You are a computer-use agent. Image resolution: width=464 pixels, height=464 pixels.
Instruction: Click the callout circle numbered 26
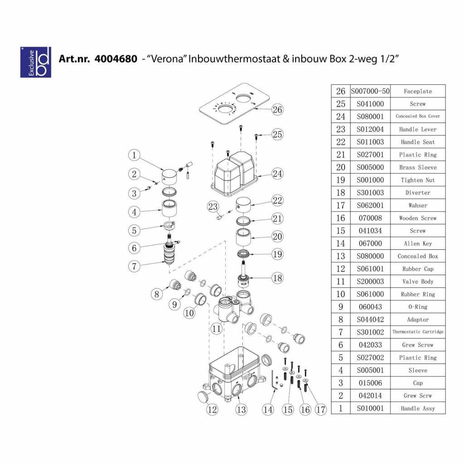point(277,110)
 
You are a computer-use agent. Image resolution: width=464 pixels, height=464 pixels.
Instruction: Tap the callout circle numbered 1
point(134,155)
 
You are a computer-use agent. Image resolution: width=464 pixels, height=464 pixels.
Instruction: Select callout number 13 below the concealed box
point(241,410)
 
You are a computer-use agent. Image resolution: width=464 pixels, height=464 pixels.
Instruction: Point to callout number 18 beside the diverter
point(277,278)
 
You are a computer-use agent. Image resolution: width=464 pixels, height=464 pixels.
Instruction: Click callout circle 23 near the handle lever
point(213,207)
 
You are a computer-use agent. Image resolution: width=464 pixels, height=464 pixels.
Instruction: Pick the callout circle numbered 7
point(134,266)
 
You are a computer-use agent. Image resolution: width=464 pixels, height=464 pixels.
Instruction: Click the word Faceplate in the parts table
point(418,91)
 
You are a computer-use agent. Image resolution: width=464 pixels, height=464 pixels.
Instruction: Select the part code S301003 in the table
point(370,193)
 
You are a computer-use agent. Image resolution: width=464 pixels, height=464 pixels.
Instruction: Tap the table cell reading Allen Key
point(418,243)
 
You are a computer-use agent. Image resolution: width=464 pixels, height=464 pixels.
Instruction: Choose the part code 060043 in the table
point(370,307)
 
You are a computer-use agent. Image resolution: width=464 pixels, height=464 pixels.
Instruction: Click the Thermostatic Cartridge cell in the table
point(418,332)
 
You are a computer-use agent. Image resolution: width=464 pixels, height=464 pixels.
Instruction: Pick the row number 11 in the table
point(341,281)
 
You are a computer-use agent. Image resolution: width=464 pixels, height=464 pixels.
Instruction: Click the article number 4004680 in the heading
point(116,59)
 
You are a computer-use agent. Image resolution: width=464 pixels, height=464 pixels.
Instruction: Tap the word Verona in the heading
point(167,59)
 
